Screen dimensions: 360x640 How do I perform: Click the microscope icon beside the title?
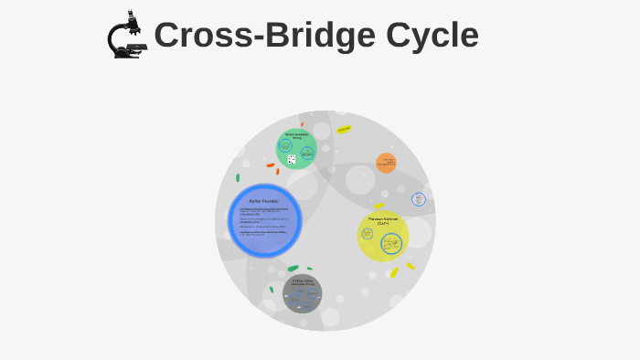pos(127,35)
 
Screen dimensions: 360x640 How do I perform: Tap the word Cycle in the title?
pos(432,36)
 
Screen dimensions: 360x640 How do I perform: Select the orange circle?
pos(387,163)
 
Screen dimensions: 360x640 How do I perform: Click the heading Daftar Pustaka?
pos(263,201)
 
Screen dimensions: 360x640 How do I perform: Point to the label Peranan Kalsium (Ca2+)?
pos(383,220)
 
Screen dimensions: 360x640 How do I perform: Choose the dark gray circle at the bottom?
pos(302,293)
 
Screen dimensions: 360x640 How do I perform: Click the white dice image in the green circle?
pos(292,159)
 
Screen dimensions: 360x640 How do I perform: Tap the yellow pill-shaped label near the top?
pos(344,130)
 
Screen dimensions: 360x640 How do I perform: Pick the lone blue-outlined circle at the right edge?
pos(419,198)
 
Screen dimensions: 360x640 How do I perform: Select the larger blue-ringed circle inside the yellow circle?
pos(391,243)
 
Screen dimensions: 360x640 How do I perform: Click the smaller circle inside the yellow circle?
pos(368,234)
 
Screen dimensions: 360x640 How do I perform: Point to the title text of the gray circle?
pos(303,282)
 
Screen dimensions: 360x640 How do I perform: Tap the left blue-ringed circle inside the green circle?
pos(285,146)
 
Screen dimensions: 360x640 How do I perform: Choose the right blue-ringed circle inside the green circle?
pos(308,153)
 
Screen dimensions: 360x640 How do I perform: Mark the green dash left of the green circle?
pos(238,177)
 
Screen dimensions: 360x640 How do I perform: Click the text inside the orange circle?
pos(389,162)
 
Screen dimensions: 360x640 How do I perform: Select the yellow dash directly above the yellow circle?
pos(379,206)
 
